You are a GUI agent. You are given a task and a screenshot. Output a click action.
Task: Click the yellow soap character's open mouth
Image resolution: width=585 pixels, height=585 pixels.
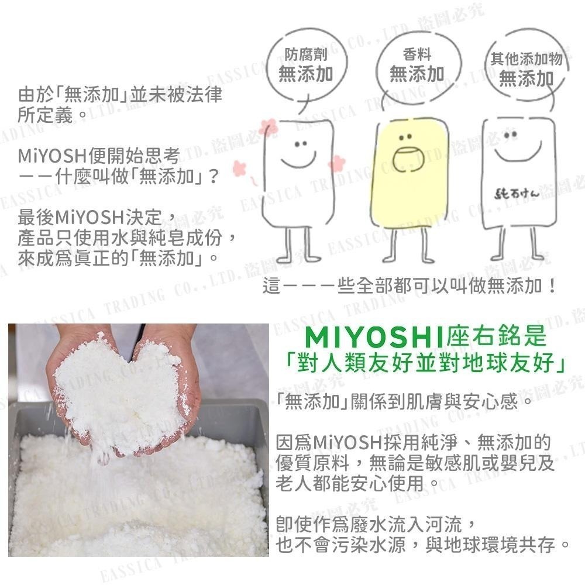[408, 160]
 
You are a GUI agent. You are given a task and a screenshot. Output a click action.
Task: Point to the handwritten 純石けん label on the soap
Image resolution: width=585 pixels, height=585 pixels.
[517, 194]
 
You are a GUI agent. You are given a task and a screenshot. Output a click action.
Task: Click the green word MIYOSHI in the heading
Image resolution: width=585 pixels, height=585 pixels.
[374, 337]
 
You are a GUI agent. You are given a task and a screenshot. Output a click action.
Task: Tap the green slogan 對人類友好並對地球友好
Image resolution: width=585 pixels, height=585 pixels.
[425, 362]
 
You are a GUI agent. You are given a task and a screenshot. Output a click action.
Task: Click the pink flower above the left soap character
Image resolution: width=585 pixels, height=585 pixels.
[269, 127]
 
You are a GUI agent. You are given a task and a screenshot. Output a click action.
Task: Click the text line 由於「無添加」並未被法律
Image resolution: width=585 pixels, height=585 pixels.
[120, 95]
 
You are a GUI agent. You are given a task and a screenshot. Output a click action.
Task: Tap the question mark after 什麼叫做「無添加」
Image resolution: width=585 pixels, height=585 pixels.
[214, 176]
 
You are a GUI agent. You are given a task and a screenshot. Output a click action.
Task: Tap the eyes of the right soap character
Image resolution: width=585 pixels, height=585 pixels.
[511, 135]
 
